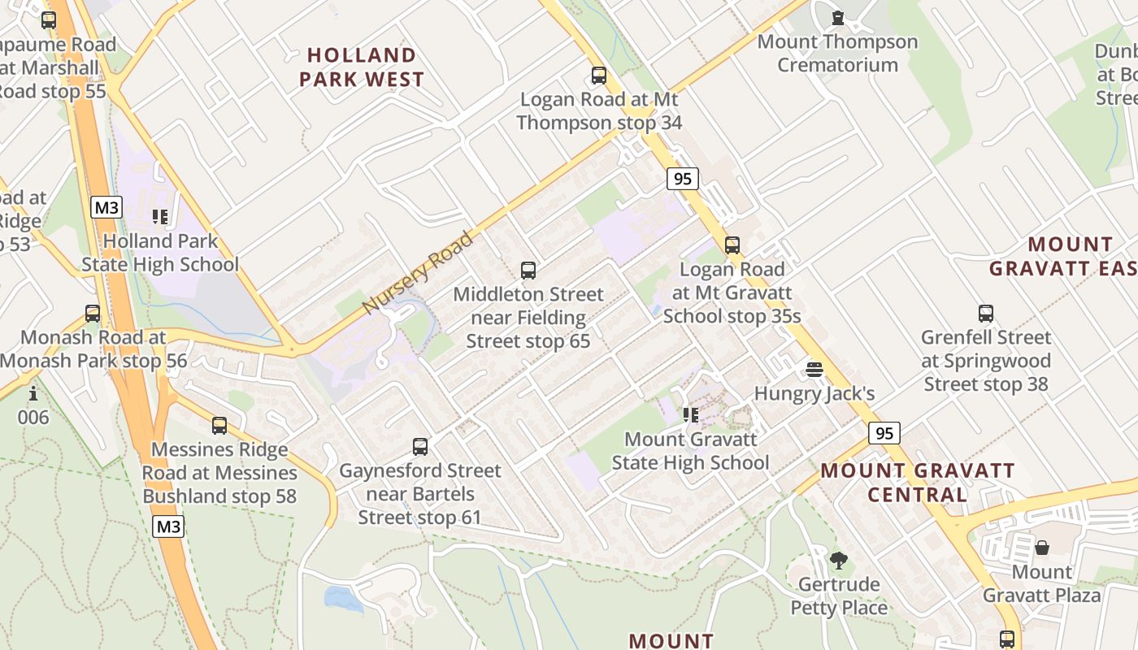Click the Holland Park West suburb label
(362, 67)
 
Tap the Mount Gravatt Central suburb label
(918, 483)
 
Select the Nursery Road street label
(418, 274)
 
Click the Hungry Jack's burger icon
(814, 370)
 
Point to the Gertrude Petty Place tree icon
(839, 560)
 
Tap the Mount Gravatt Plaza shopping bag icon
(1042, 548)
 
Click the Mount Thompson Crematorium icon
(838, 17)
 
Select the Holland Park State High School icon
(160, 217)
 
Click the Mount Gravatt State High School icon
(691, 415)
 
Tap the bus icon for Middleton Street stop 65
(528, 271)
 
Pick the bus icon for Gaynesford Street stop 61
(420, 446)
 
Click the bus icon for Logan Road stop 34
(599, 76)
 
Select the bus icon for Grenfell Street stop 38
(986, 313)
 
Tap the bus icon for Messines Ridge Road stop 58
(219, 425)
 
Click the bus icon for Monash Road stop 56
(93, 313)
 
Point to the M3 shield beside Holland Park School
(106, 207)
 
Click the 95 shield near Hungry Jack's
(884, 433)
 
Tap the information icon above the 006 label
(33, 394)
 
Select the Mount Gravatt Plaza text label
(1042, 583)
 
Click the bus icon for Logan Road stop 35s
(732, 245)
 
